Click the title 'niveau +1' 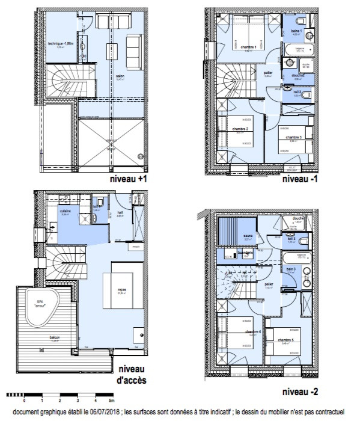[x=128, y=179]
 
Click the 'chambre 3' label [x=293, y=137]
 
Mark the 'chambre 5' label [x=285, y=340]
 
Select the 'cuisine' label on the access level [x=66, y=211]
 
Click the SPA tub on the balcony [x=41, y=304]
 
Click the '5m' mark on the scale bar [x=111, y=399]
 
